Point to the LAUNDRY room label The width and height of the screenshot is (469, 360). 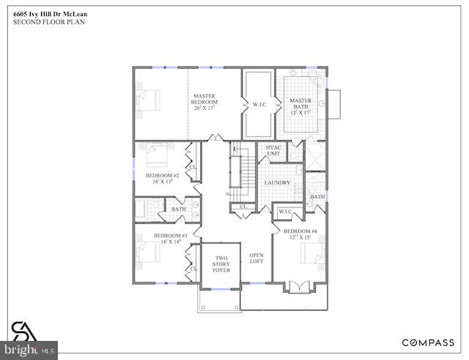click(277, 183)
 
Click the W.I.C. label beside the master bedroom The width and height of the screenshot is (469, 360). click(259, 104)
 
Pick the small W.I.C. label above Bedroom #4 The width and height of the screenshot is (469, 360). click(284, 213)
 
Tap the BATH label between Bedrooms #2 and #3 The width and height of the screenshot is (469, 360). click(179, 209)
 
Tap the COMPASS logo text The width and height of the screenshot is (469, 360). click(428, 342)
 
